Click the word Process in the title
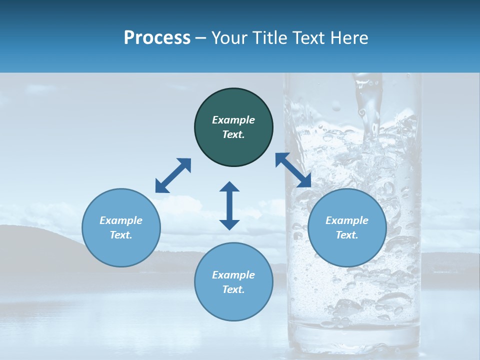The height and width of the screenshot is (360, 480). click(x=157, y=38)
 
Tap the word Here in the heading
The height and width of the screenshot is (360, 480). click(x=349, y=38)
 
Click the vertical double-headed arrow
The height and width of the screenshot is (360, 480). click(x=229, y=205)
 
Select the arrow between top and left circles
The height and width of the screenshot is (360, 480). click(x=173, y=175)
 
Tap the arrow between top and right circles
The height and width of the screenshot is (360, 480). click(x=293, y=170)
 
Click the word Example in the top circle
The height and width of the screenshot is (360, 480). click(x=233, y=120)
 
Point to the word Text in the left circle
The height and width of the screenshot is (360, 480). click(x=121, y=235)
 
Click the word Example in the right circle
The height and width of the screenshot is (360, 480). click(x=347, y=220)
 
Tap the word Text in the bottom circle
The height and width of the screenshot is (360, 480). click(x=233, y=289)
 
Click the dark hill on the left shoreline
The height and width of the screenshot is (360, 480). click(x=30, y=245)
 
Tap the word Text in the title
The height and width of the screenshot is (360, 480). click(x=309, y=38)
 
